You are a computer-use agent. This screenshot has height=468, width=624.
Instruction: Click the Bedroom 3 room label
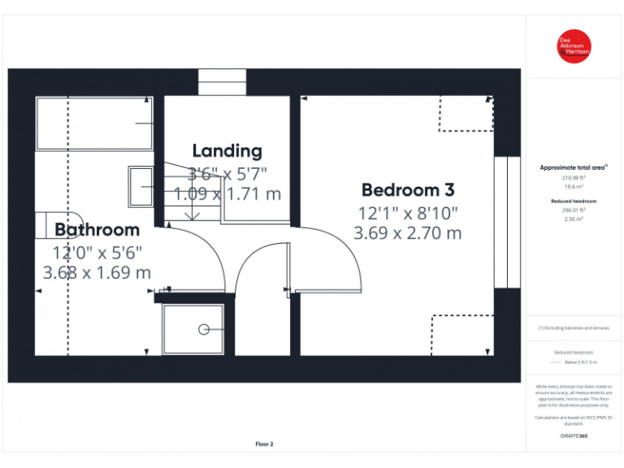click(408, 190)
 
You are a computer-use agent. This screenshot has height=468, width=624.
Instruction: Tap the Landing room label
click(227, 150)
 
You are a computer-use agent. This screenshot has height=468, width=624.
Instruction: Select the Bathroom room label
click(97, 230)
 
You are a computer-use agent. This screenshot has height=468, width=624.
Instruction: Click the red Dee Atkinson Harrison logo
click(574, 46)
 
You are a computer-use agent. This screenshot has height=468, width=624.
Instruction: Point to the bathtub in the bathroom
click(94, 123)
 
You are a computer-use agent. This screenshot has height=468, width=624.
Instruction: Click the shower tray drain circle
click(202, 329)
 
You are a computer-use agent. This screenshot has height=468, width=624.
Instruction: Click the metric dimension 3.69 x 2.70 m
click(408, 233)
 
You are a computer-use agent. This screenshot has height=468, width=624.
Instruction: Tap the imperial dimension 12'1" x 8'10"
click(408, 214)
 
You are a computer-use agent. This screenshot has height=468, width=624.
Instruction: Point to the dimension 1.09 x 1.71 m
click(227, 194)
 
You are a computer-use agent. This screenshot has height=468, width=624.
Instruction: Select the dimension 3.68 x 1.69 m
click(97, 272)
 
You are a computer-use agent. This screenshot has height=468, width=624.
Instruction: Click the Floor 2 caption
click(265, 444)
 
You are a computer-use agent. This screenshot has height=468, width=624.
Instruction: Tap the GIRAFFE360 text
click(574, 436)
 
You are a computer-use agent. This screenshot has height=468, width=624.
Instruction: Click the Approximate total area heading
click(574, 167)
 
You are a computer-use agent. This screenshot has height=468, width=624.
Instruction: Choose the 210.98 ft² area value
click(574, 177)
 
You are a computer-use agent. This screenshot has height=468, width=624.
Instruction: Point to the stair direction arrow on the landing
click(193, 213)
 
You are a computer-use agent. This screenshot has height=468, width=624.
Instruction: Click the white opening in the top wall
click(222, 82)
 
